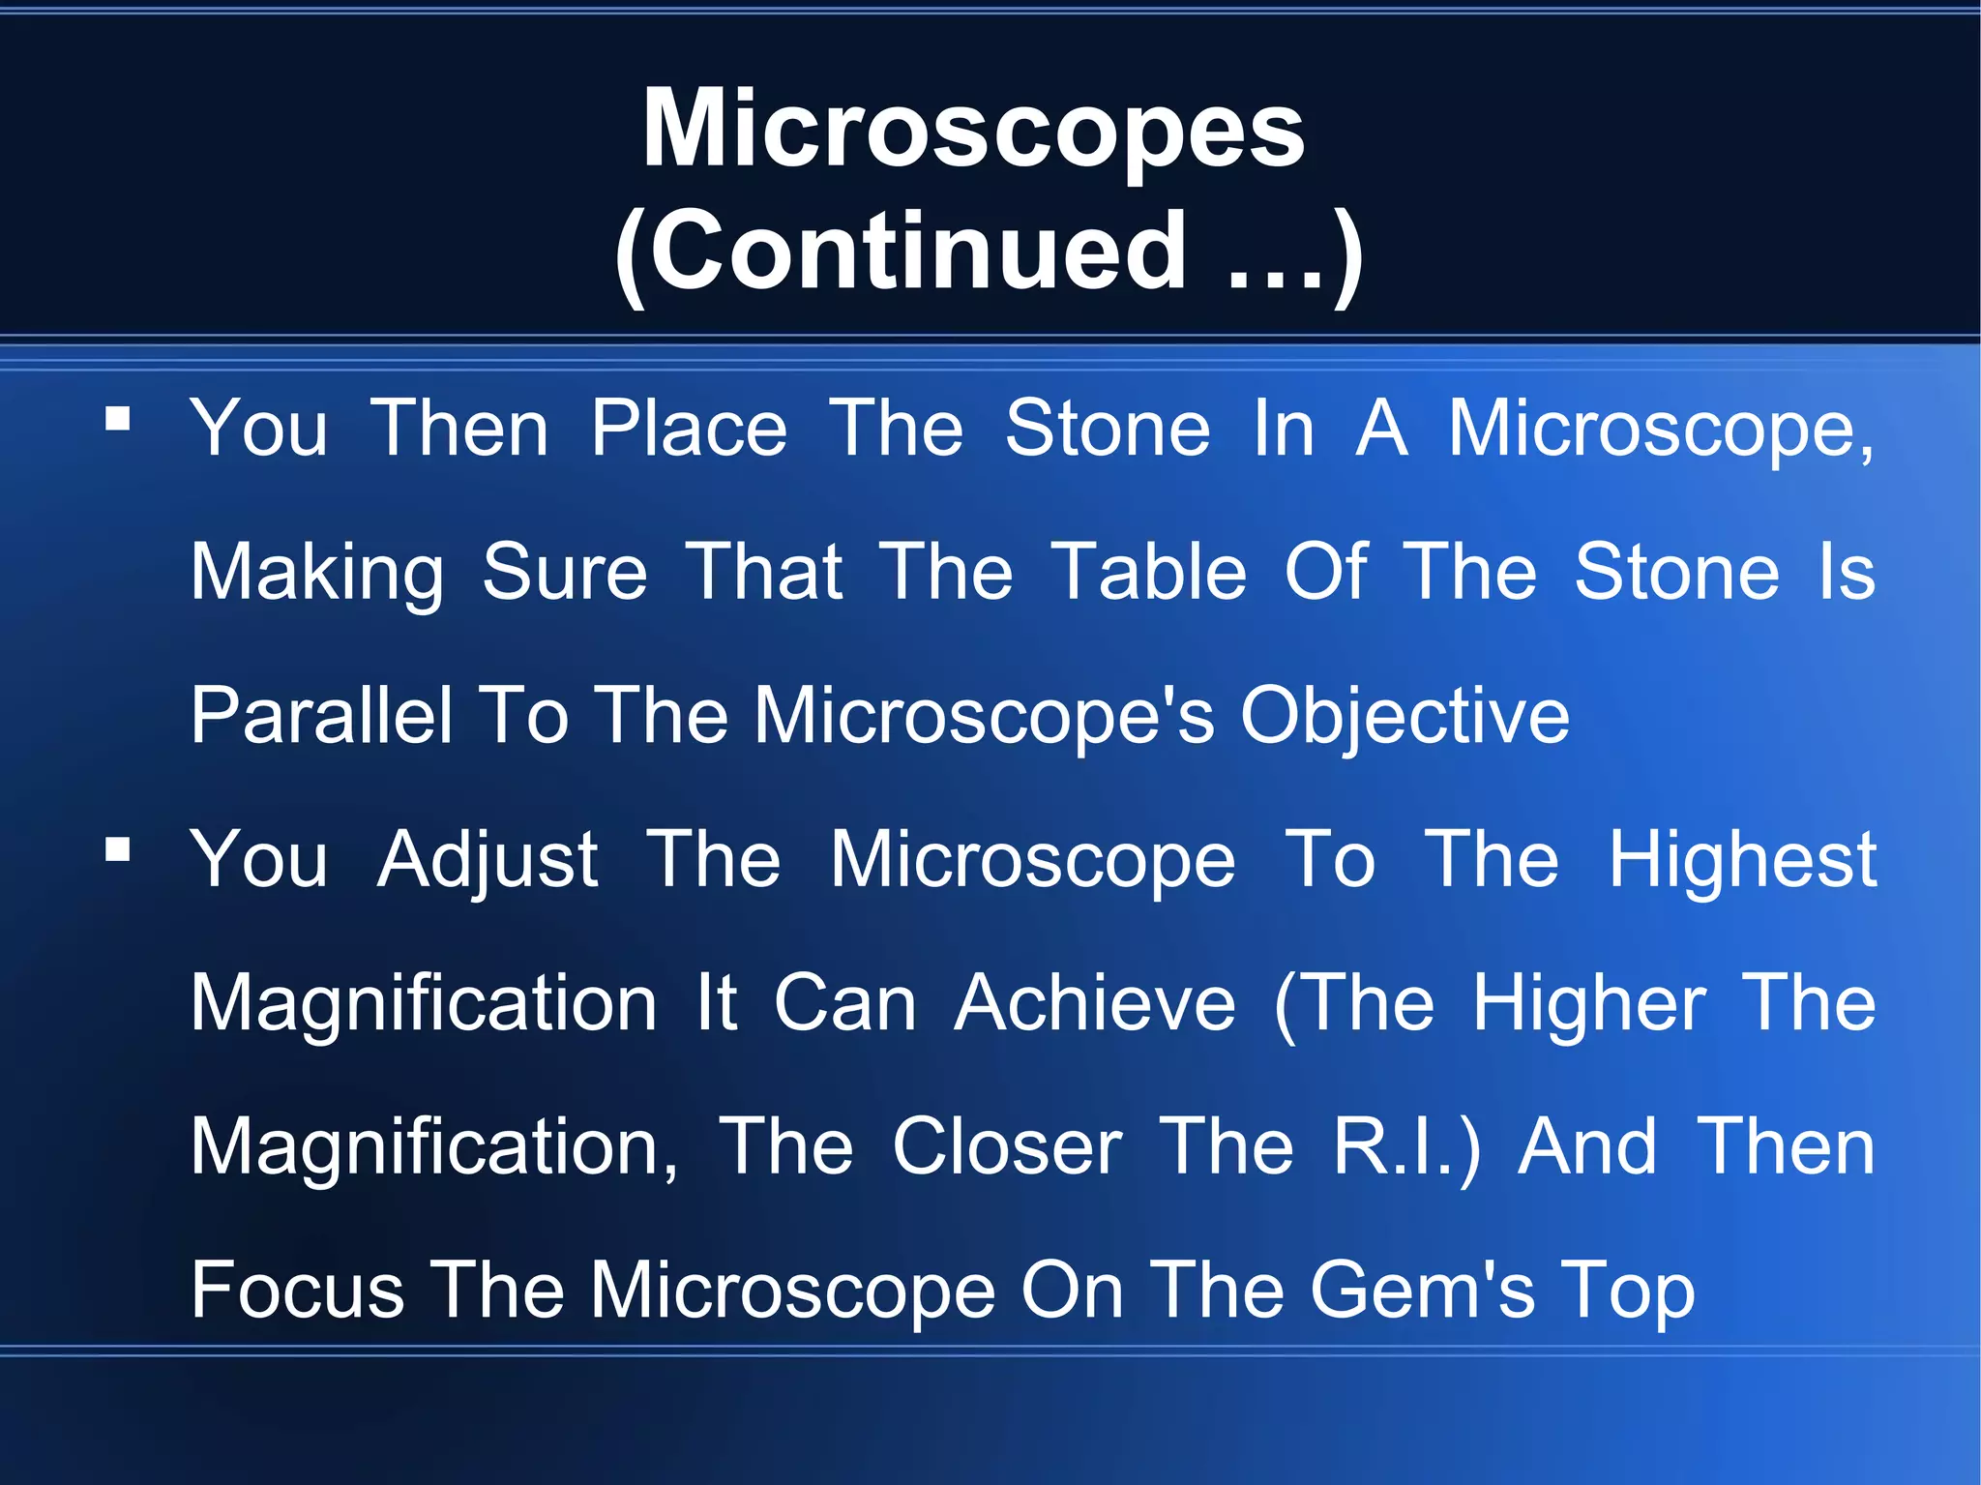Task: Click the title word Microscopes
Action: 973,130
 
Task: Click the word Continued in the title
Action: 917,252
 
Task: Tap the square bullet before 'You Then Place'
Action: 118,419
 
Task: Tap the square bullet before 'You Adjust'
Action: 118,850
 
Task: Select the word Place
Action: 690,429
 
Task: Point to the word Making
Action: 317,573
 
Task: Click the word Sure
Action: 565,573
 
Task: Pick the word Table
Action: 1149,573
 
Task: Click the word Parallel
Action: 321,716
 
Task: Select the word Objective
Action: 1404,716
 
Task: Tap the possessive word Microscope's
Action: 984,716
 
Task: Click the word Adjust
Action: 488,860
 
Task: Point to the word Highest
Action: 1742,860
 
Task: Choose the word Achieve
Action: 1095,1003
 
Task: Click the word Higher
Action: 1589,1003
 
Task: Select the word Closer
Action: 1007,1147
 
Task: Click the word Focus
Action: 297,1291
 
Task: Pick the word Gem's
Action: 1422,1291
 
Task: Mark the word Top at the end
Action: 1631,1291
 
